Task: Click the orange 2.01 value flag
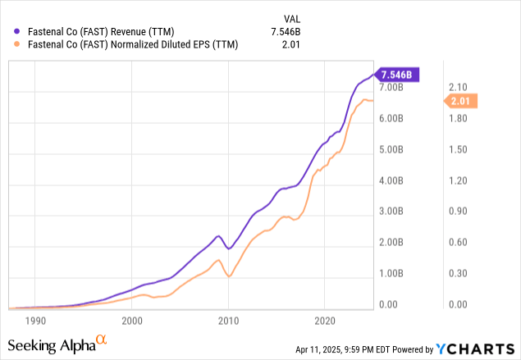click(x=460, y=101)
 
